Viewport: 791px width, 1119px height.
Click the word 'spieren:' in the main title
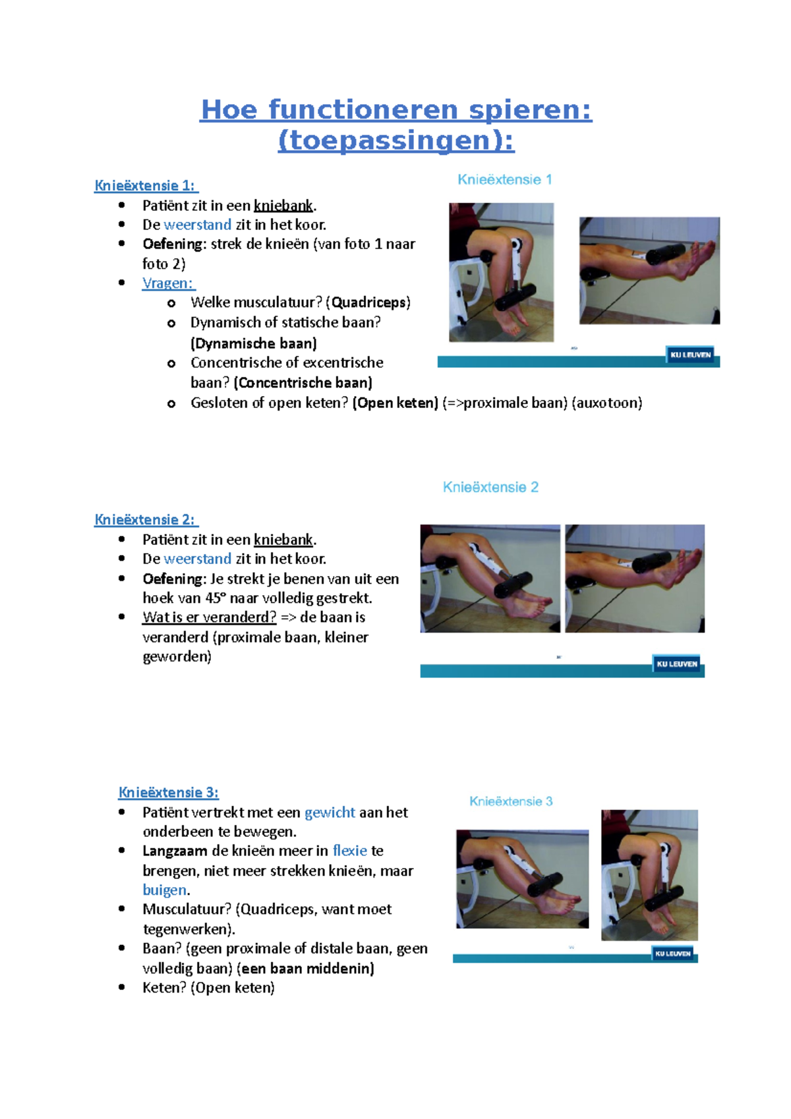pyautogui.click(x=530, y=109)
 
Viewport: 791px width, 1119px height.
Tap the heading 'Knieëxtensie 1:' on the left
pyautogui.click(x=146, y=186)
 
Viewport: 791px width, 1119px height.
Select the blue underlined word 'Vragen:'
pyautogui.click(x=168, y=283)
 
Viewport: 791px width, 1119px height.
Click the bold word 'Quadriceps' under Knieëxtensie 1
pyautogui.click(x=369, y=302)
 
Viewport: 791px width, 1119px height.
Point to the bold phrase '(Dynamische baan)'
pyautogui.click(x=254, y=343)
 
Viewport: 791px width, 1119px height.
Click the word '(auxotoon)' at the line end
pyautogui.click(x=607, y=403)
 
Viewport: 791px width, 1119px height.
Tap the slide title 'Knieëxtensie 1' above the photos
pyautogui.click(x=505, y=179)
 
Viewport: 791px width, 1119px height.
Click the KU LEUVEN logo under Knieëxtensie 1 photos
pyautogui.click(x=690, y=355)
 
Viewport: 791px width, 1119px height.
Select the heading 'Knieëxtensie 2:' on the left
pyautogui.click(x=146, y=520)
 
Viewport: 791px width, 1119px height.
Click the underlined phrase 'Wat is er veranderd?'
pyautogui.click(x=209, y=617)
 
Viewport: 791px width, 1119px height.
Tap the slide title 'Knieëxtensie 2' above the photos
pyautogui.click(x=490, y=487)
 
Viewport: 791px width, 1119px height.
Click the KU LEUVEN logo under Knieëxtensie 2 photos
pyautogui.click(x=676, y=664)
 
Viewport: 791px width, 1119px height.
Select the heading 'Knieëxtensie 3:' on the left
pyautogui.click(x=168, y=793)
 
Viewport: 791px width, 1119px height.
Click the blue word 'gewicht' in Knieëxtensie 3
pyautogui.click(x=330, y=813)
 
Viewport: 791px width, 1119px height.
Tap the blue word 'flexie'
pyautogui.click(x=349, y=851)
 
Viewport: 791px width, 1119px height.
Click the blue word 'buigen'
pyautogui.click(x=164, y=890)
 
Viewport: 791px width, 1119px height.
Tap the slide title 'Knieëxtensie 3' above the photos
pyautogui.click(x=511, y=801)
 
